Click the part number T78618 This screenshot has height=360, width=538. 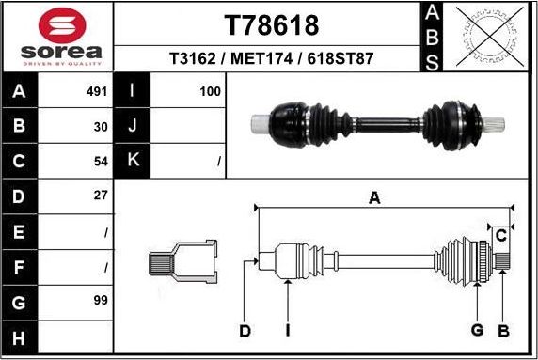pyautogui.click(x=271, y=24)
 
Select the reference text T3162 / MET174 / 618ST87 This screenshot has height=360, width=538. pyautogui.click(x=271, y=58)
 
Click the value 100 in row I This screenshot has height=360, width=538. pyautogui.click(x=211, y=92)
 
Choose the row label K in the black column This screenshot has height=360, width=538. pyautogui.click(x=133, y=161)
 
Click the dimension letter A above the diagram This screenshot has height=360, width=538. pyautogui.click(x=374, y=197)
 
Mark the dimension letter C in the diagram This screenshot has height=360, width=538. pyautogui.click(x=502, y=234)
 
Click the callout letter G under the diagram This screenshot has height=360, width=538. pyautogui.click(x=477, y=330)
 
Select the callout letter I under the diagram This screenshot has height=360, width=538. pyautogui.click(x=288, y=330)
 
